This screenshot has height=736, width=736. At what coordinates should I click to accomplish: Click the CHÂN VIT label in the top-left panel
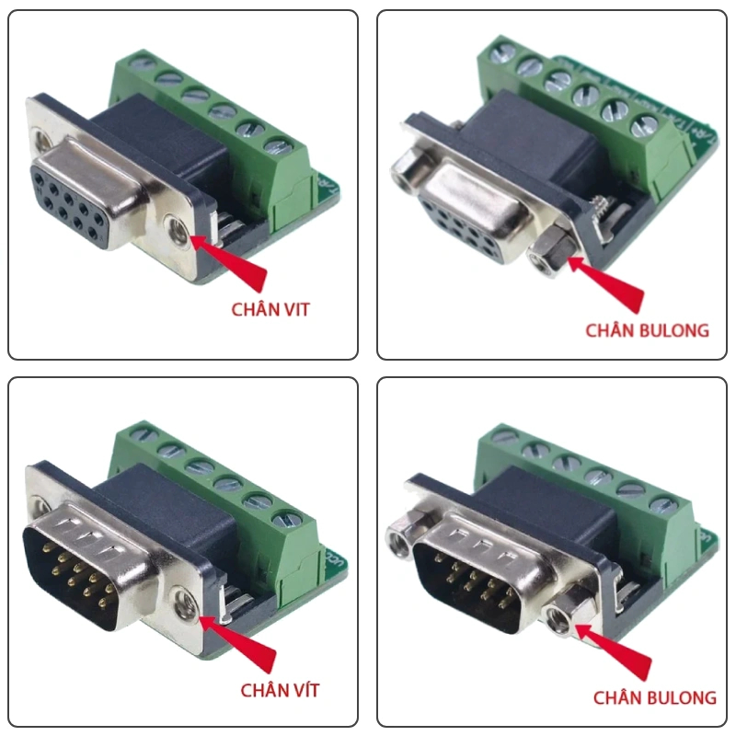coord(270,309)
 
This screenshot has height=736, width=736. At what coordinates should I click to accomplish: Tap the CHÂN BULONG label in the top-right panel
coord(648,330)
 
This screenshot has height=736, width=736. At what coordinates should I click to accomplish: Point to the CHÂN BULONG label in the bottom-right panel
coord(655,697)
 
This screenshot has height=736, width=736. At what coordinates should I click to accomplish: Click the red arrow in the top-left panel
coord(228,260)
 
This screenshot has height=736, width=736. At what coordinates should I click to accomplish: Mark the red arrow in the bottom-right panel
coord(613,650)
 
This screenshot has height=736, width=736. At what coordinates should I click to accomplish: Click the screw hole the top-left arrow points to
coord(178,229)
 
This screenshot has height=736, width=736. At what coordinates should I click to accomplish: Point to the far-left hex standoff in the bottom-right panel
coord(402,537)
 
